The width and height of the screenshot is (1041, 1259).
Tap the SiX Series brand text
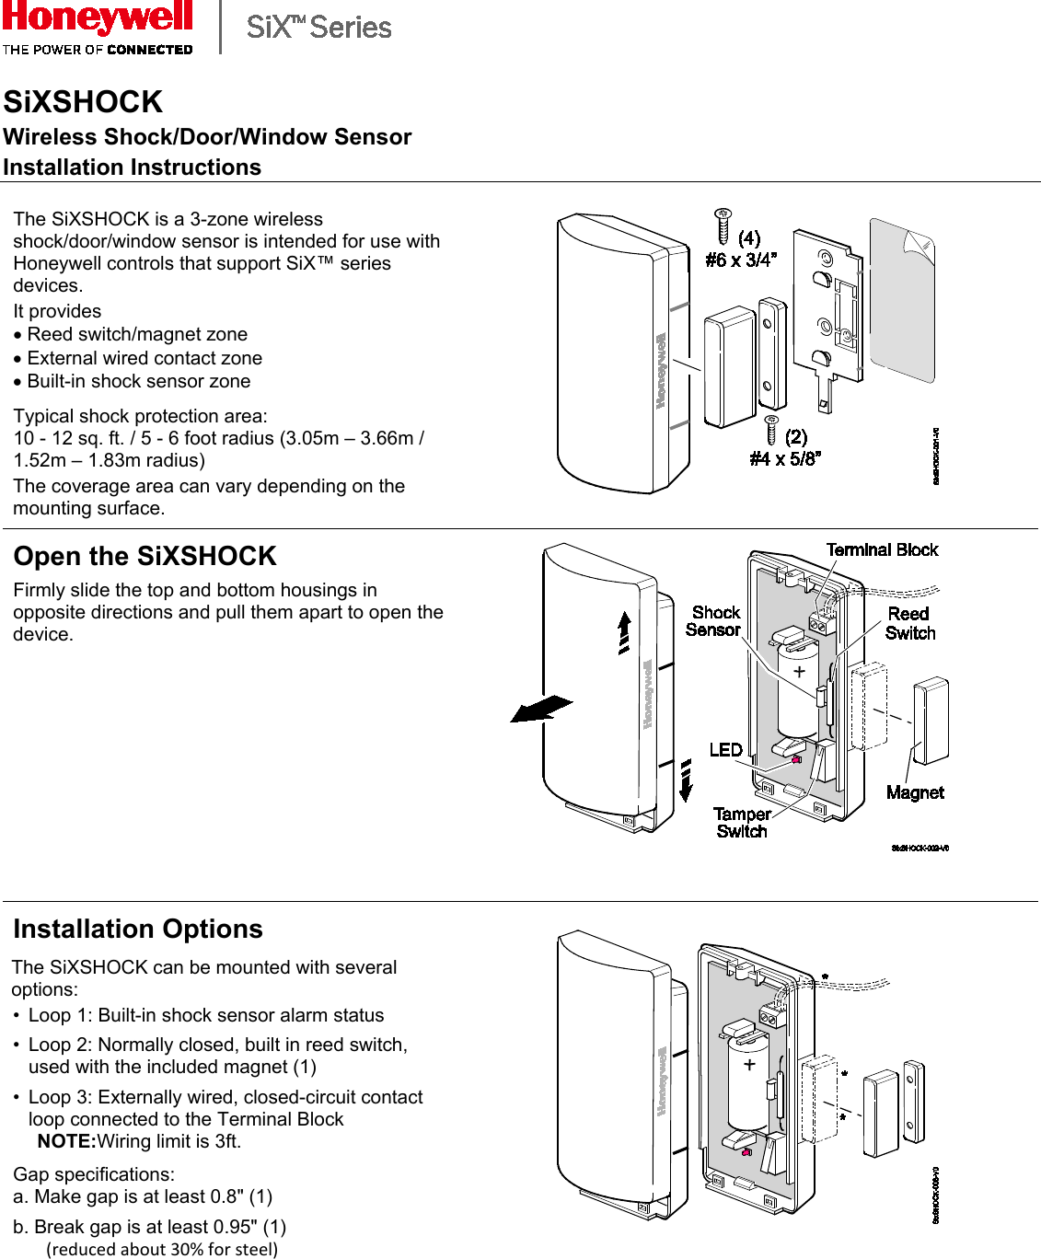[x=318, y=28]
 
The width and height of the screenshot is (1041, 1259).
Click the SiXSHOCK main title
[x=83, y=101]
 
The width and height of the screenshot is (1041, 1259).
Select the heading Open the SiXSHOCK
[x=145, y=556]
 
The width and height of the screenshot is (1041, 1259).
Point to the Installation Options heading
[x=138, y=929]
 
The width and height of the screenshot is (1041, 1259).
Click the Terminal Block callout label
[x=882, y=549]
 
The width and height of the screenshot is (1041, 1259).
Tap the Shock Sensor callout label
[x=715, y=621]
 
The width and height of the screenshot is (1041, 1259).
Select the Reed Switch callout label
[x=909, y=623]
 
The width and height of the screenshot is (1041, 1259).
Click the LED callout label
[x=725, y=750]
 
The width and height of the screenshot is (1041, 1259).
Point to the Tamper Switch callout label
[x=742, y=823]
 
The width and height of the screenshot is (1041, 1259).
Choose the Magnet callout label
[x=915, y=792]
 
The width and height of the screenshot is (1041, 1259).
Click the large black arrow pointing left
[x=540, y=709]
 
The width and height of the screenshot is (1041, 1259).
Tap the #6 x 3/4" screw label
[x=741, y=260]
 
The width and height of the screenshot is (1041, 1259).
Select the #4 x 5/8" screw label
[x=784, y=458]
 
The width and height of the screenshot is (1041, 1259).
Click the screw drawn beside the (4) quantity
[x=723, y=226]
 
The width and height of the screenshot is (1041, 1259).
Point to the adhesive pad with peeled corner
[x=902, y=299]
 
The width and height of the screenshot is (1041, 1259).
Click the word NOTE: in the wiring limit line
[x=66, y=1141]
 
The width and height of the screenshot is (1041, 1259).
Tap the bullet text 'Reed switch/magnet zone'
[x=137, y=334]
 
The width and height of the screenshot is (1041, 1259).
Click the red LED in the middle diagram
[x=796, y=759]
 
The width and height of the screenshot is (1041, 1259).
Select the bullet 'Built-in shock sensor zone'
[x=138, y=381]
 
